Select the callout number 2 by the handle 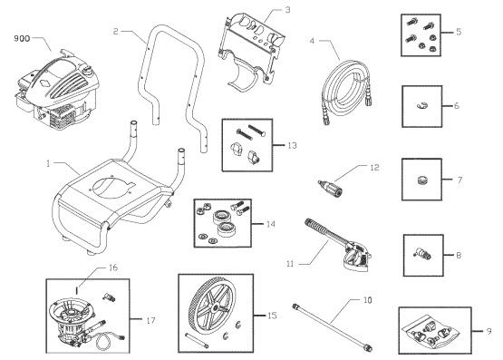[x=117, y=32]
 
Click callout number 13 [x=291, y=144]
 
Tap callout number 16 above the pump [x=113, y=268]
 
